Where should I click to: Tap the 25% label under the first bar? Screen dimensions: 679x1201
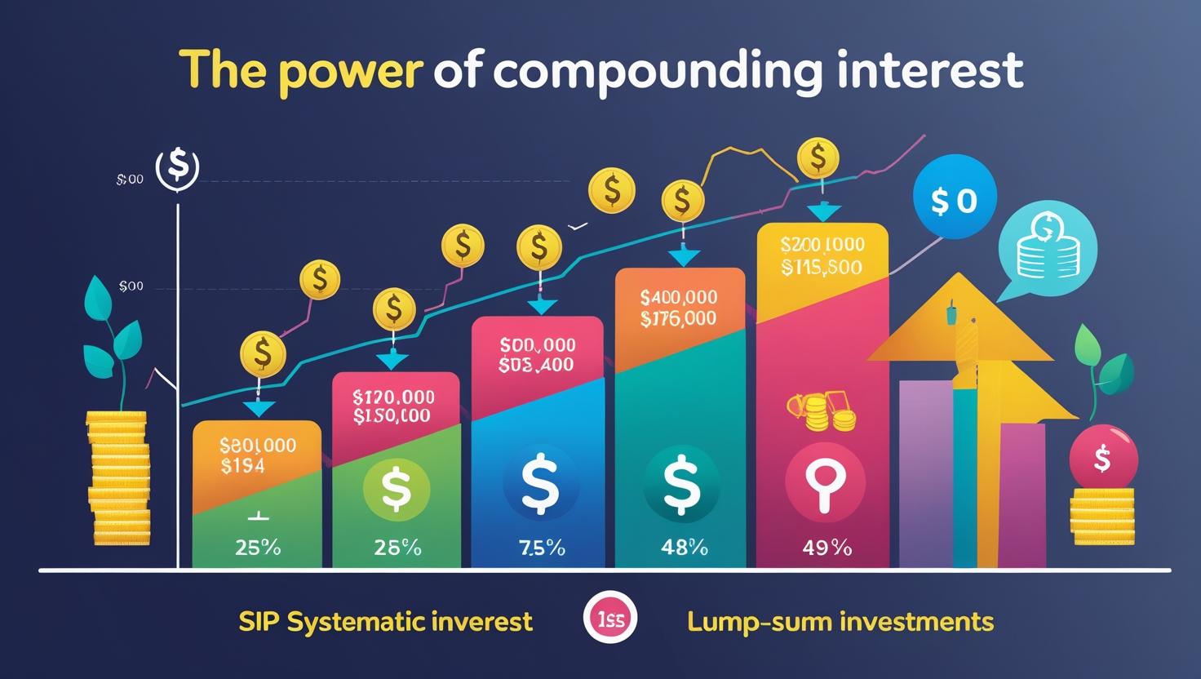258,548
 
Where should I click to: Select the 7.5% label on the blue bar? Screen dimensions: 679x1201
542,548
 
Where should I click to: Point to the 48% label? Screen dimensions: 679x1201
684,548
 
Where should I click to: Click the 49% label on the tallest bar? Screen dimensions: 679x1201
826,548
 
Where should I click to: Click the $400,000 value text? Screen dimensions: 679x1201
679,298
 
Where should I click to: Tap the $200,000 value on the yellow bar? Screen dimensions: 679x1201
822,245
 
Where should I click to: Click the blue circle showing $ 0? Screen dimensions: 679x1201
954,202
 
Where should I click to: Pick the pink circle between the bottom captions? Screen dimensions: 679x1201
610,621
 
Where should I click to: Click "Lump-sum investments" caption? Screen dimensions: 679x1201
840,622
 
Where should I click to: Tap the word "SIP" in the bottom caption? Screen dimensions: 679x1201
259,622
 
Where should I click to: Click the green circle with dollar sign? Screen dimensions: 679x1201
396,489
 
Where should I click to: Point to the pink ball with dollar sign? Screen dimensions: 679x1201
1102,459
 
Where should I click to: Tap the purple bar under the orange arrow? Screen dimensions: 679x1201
924,473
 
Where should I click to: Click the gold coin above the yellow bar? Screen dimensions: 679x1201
818,158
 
